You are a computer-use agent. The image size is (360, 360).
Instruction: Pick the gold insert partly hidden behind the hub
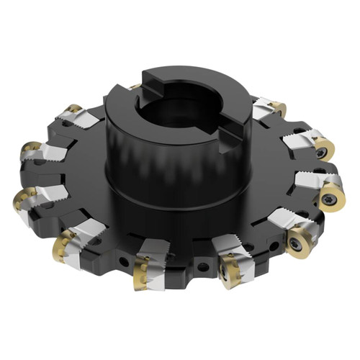(134, 87)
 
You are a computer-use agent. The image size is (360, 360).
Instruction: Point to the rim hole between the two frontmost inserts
(203, 267)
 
